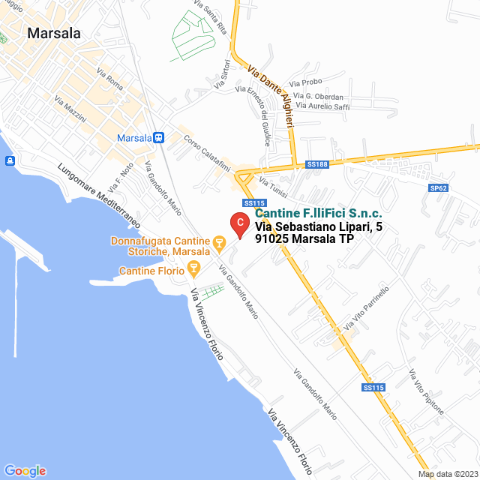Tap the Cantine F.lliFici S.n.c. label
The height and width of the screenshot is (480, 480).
coord(318,214)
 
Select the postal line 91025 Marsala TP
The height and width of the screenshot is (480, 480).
coord(304,239)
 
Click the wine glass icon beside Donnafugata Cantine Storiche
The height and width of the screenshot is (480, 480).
coord(220,242)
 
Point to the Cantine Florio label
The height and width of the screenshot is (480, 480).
coord(151,270)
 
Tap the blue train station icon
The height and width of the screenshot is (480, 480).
coord(159,138)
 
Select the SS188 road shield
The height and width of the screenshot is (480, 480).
coord(318,164)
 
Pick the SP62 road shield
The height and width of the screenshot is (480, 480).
coord(437,187)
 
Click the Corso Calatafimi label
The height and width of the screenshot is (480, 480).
coord(205,146)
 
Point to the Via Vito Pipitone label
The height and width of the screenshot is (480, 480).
coord(427,391)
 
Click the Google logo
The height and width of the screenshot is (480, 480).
coord(25,470)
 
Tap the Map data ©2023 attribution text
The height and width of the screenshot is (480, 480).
coord(447,474)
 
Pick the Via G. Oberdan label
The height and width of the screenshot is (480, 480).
coord(320,97)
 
